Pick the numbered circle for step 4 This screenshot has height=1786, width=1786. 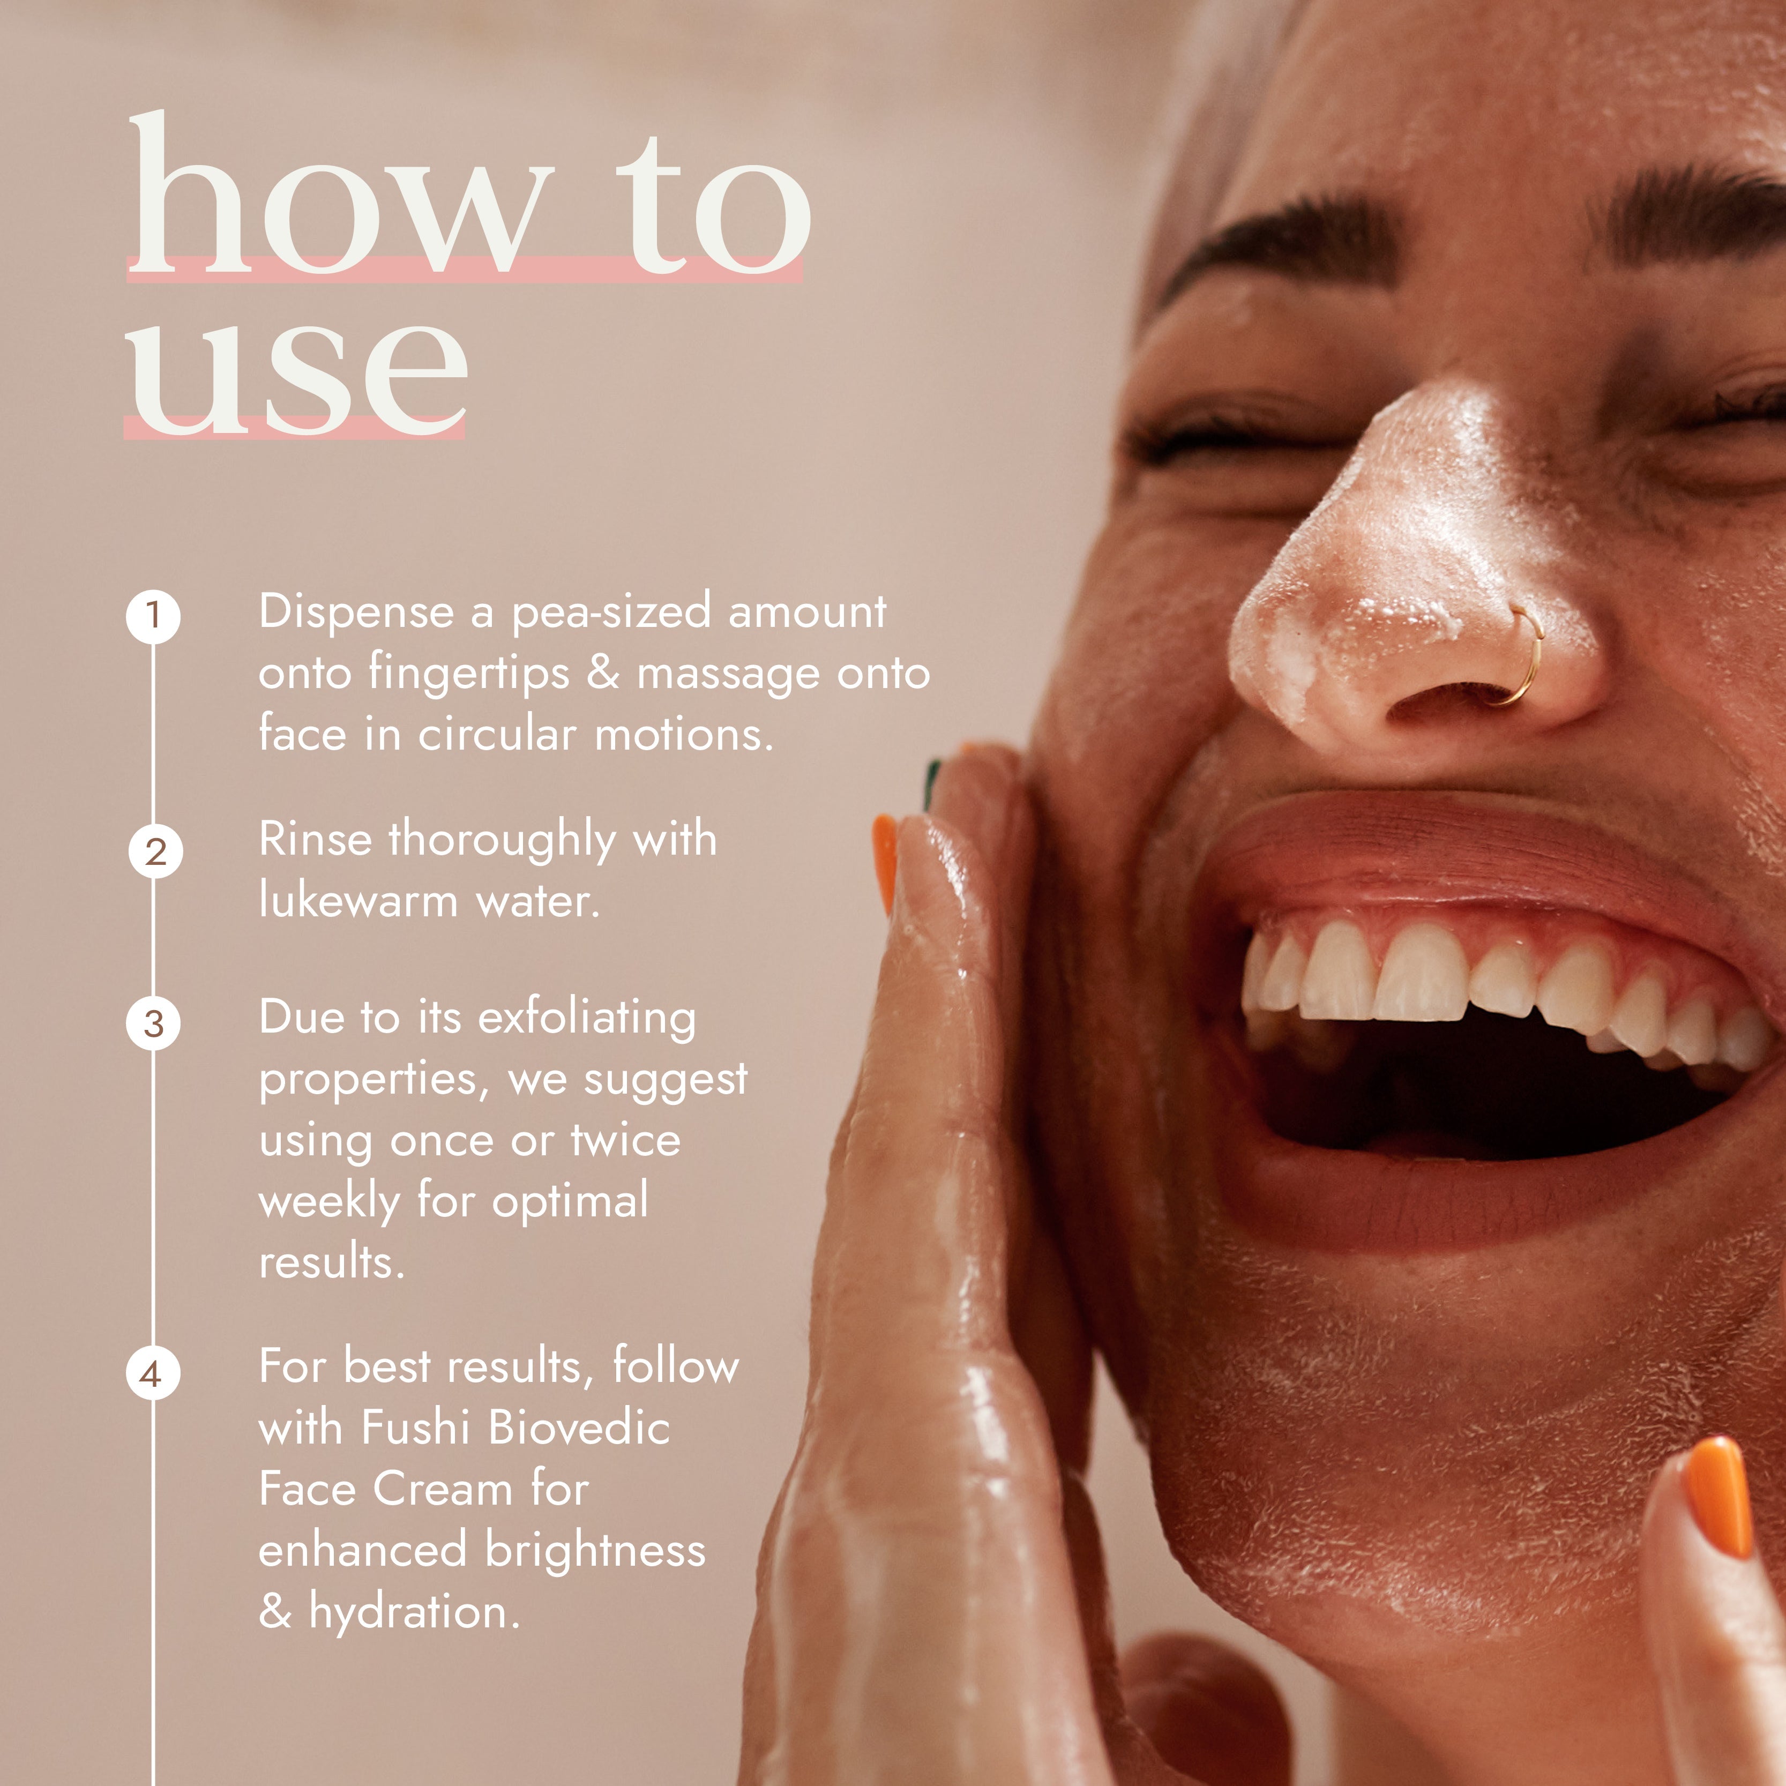pos(152,1374)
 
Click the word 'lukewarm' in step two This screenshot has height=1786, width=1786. pos(358,900)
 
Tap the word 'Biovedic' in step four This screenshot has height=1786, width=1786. pos(579,1428)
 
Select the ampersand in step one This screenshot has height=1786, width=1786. pos(603,673)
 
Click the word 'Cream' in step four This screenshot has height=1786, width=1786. pos(442,1489)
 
